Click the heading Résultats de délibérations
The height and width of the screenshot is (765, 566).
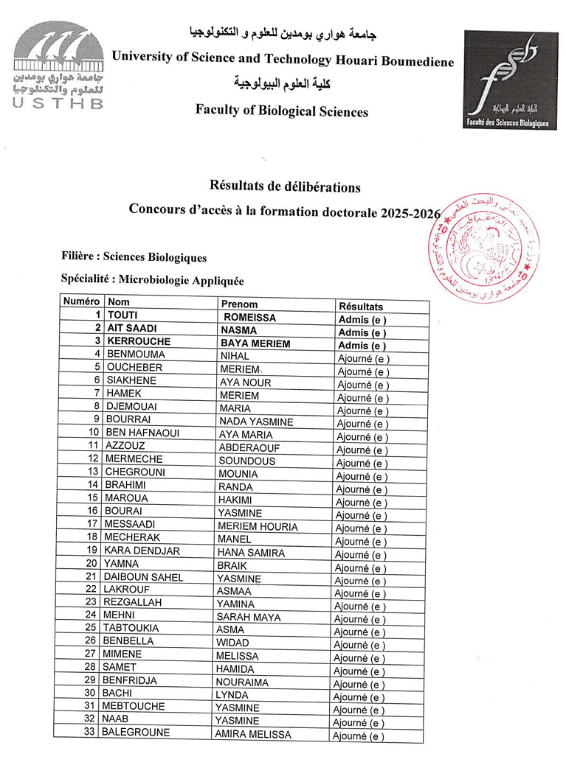coord(286,187)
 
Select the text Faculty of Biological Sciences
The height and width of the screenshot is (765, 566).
coord(281,111)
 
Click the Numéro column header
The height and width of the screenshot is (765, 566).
coord(81,302)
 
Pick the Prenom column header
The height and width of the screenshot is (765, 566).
coord(239,304)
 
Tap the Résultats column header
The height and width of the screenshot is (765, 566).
coord(361,306)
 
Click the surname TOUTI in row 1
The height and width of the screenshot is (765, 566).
coord(123,315)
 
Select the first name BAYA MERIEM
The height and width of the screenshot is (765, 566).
coord(255,343)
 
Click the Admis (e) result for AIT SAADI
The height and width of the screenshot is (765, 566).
coord(362,332)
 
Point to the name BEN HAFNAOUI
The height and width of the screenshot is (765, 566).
coord(142,433)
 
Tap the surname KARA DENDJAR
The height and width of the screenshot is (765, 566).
coord(142,551)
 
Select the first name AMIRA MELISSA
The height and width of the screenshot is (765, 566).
coord(252,734)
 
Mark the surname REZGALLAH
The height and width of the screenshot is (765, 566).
coord(135,602)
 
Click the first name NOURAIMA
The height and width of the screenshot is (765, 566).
coord(241,682)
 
